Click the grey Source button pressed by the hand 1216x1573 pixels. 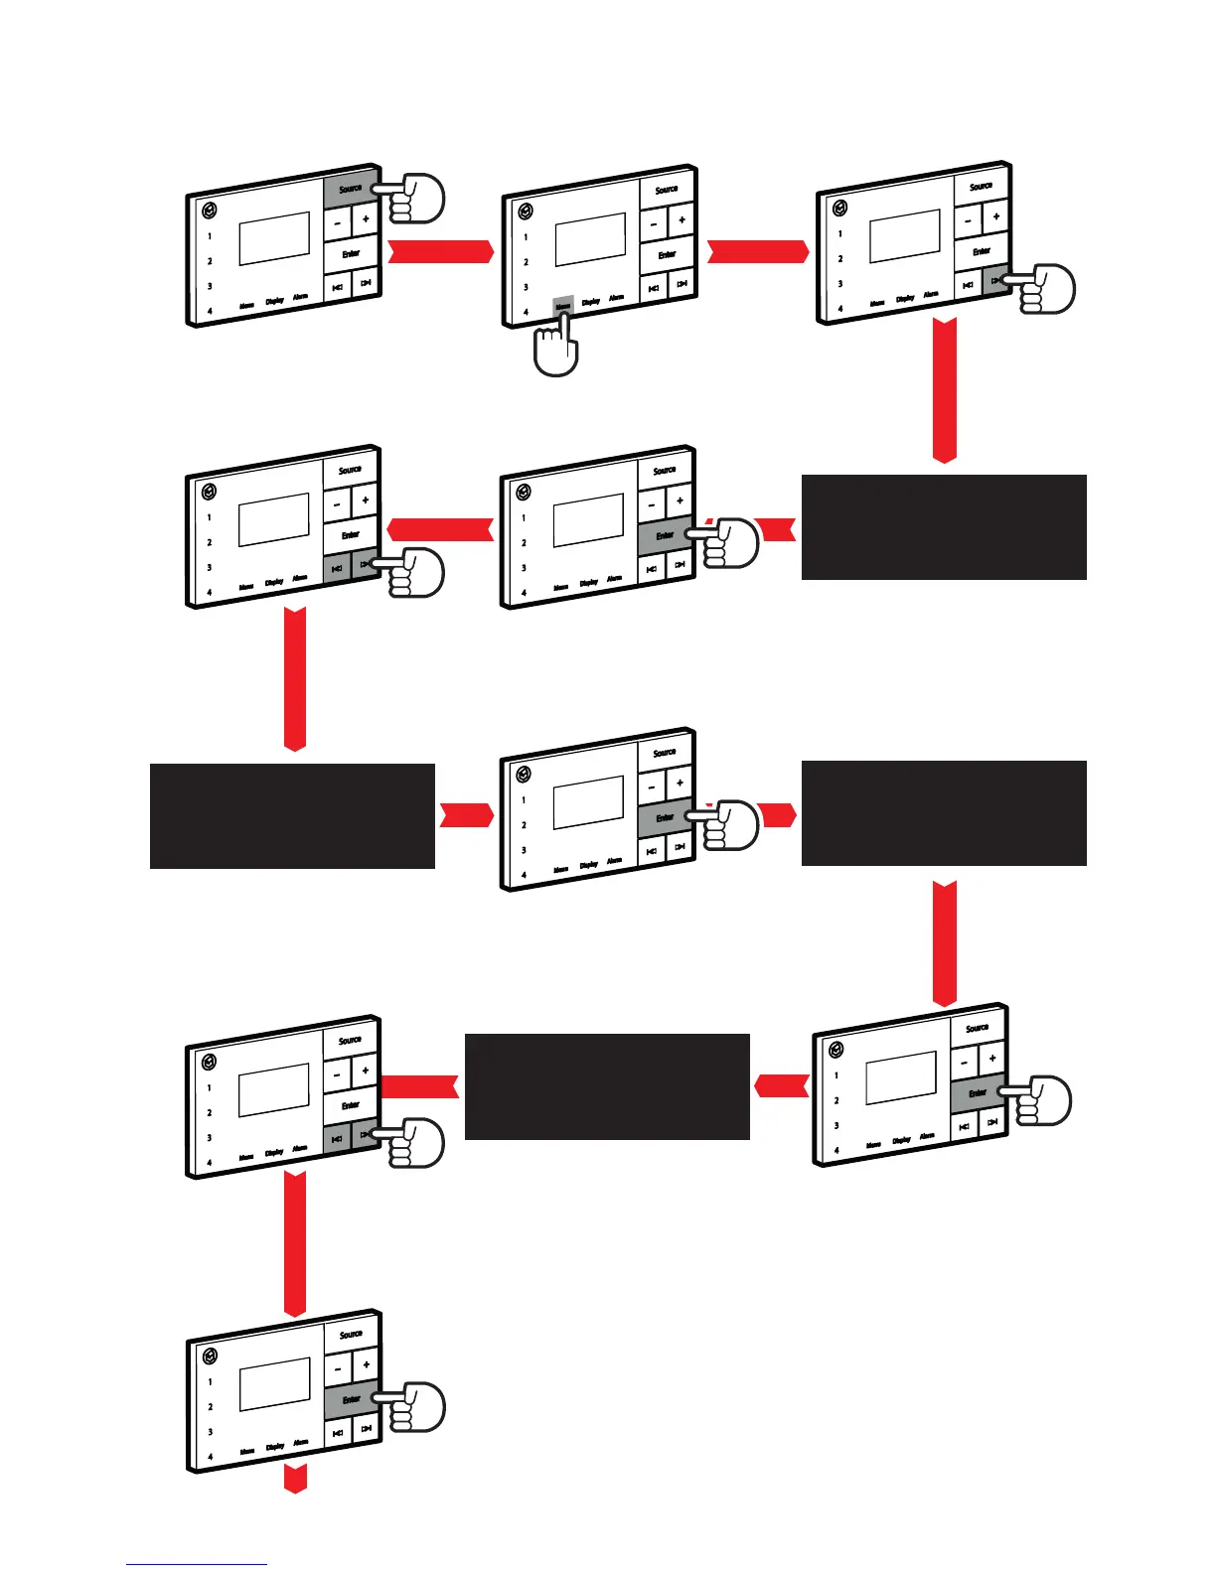[350, 189]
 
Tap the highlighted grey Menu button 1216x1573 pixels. [563, 306]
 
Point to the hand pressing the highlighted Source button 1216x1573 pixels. [415, 199]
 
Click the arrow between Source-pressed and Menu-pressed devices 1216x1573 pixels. [440, 251]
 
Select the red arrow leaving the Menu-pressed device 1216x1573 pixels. [757, 251]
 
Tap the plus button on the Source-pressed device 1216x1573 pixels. [366, 220]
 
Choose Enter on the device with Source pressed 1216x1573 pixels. [351, 254]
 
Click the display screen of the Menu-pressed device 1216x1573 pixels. [590, 239]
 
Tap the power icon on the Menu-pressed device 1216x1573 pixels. [525, 212]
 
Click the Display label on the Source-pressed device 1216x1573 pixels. [274, 301]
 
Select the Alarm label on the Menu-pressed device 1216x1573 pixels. [616, 298]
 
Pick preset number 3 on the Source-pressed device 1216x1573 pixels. [210, 286]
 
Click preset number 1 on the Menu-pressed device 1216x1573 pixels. [526, 237]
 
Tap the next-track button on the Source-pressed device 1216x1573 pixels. [366, 283]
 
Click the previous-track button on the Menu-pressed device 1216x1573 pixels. [654, 289]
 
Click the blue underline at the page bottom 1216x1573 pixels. [197, 1565]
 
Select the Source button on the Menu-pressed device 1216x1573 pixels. [667, 190]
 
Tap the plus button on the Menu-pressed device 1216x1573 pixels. [682, 220]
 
